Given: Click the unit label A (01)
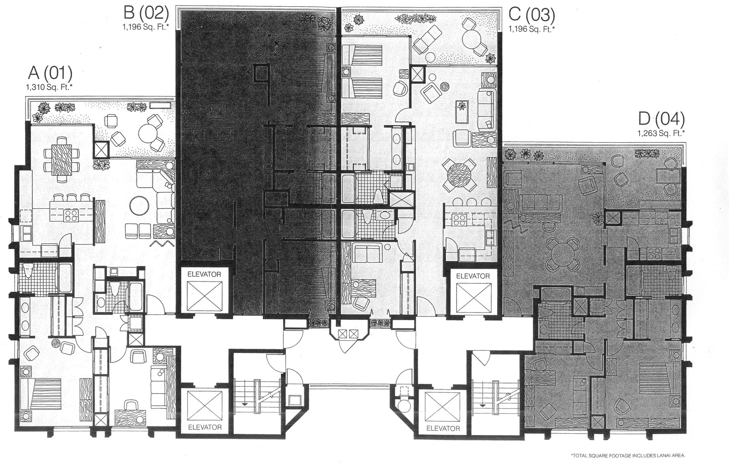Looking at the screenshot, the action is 50,73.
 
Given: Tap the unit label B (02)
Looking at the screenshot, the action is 146,13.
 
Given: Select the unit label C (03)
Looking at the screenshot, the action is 532,15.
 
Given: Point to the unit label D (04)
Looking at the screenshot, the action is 661,119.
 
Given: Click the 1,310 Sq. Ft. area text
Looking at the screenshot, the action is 49,87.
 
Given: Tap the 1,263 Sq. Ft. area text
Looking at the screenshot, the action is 661,133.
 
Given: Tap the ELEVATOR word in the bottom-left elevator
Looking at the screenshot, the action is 205,427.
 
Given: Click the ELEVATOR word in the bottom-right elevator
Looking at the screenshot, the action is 443,428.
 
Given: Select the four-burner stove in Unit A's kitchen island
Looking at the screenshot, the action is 71,215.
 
